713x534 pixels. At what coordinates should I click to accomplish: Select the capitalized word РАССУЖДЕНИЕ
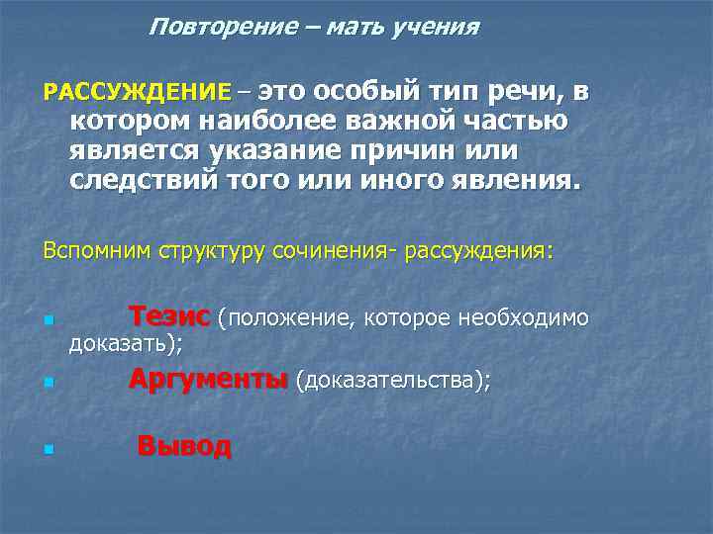[x=137, y=93]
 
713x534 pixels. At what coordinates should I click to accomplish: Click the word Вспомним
[x=96, y=251]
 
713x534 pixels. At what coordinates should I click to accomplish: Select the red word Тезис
[x=169, y=316]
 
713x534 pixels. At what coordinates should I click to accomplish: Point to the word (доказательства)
[x=392, y=382]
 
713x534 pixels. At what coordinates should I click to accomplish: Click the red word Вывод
[x=184, y=446]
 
